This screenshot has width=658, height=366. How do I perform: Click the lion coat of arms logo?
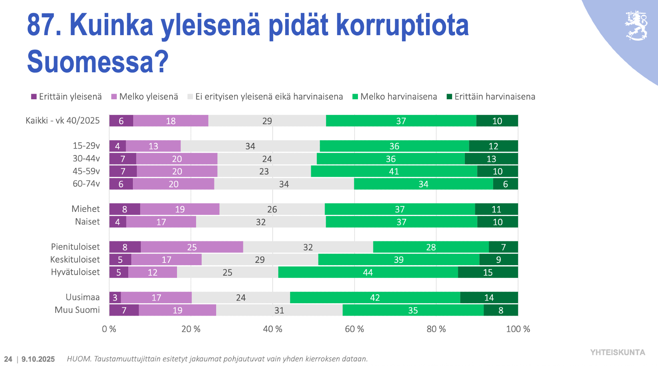click(x=637, y=26)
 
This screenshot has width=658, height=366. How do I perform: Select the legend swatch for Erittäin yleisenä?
click(x=34, y=97)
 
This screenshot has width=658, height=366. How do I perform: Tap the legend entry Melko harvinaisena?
click(x=394, y=97)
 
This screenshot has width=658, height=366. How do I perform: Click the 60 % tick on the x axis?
click(x=354, y=329)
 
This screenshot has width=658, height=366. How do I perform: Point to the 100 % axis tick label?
click(x=518, y=329)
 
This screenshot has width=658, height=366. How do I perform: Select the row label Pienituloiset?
click(x=75, y=247)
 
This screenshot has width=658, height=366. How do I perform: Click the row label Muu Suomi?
click(x=77, y=310)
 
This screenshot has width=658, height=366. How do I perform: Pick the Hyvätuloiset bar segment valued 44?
click(x=368, y=272)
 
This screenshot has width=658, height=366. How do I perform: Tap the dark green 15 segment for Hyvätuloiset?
click(x=488, y=272)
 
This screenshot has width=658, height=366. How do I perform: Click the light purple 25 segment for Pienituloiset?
click(x=192, y=247)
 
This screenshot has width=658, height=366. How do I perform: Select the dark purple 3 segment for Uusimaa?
click(x=115, y=298)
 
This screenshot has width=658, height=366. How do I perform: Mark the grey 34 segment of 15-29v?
click(x=250, y=146)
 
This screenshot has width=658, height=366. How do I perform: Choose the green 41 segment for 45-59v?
click(x=394, y=172)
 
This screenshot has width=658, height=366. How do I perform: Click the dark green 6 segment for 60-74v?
click(x=505, y=184)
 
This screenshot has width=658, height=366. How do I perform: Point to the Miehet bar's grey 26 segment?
click(x=272, y=209)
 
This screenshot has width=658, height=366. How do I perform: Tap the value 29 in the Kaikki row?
click(x=267, y=121)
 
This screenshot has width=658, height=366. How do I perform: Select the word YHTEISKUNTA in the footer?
click(x=618, y=353)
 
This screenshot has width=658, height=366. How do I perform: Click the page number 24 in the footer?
click(x=8, y=359)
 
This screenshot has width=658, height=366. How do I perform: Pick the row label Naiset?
click(x=87, y=222)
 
